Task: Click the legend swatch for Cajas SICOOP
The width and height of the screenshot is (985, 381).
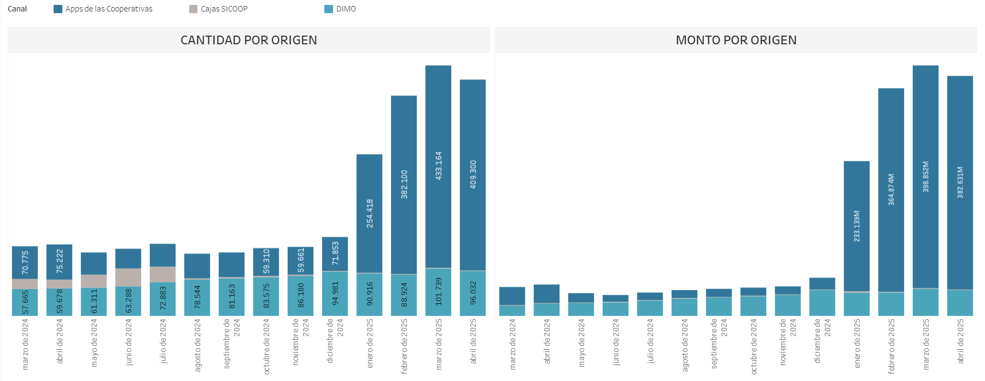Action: (193, 9)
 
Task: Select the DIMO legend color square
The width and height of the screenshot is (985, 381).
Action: (329, 9)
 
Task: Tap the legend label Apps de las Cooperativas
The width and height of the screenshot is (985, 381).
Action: (109, 9)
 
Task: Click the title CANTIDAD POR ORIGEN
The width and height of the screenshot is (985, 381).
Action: (249, 40)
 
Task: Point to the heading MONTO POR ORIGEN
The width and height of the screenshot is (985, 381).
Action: (736, 40)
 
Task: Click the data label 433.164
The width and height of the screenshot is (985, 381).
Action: (439, 166)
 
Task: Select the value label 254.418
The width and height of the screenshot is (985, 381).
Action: (370, 213)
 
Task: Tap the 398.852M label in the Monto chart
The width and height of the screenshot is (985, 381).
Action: (926, 176)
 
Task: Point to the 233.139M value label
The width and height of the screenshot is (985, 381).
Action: (857, 226)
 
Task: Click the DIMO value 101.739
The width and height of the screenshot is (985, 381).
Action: (439, 292)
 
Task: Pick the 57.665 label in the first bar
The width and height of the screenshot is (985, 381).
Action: (25, 302)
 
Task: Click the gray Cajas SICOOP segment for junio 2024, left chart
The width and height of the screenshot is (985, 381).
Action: (129, 278)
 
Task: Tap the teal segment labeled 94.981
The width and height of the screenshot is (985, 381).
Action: (335, 294)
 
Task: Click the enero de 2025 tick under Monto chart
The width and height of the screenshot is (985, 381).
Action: (857, 343)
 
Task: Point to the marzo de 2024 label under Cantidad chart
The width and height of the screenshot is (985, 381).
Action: (25, 344)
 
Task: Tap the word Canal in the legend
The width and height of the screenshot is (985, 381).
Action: (18, 9)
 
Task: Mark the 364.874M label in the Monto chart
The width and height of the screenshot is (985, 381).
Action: (891, 189)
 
